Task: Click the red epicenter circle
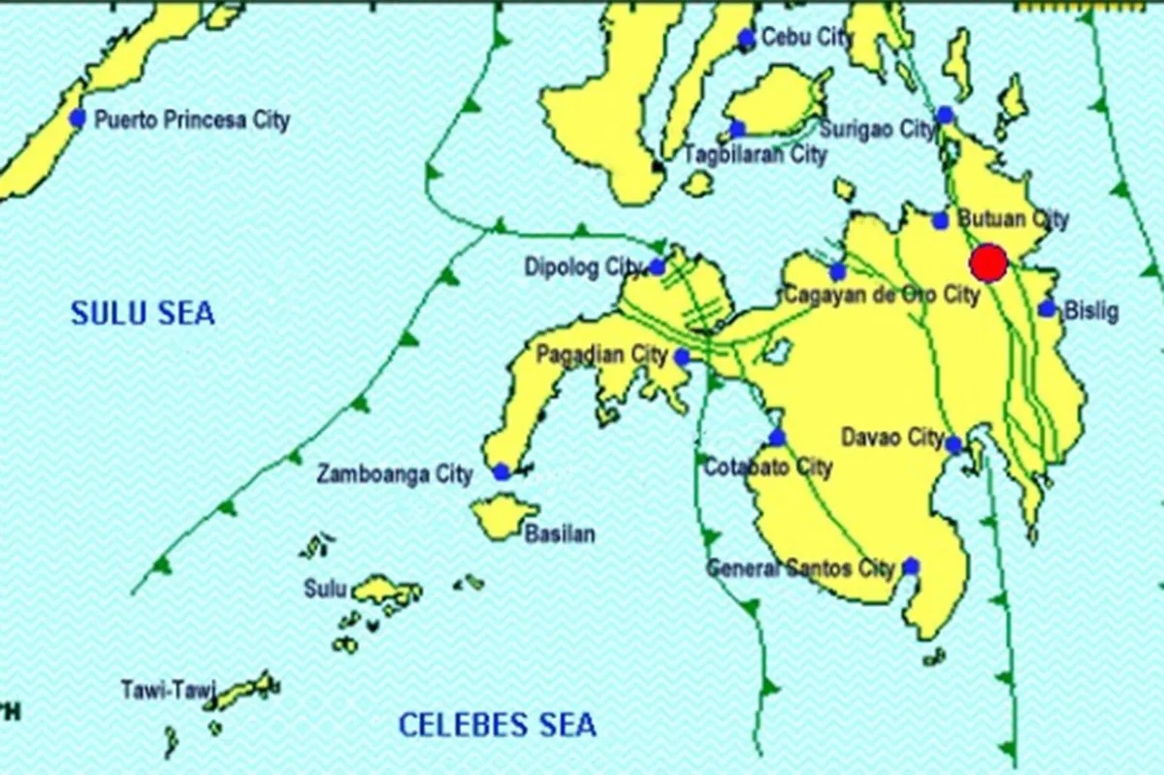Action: (x=988, y=263)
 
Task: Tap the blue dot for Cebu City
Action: (x=746, y=39)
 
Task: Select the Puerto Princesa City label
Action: (x=191, y=121)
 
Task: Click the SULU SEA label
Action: (x=143, y=313)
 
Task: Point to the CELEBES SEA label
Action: (x=498, y=725)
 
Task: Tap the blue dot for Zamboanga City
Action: (x=501, y=472)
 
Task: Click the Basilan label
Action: (x=560, y=534)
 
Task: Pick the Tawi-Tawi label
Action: (x=159, y=691)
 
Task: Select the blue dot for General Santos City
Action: (x=910, y=566)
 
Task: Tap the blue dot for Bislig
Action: (x=1047, y=309)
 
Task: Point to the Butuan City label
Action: (x=1013, y=219)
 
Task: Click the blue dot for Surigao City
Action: (x=945, y=115)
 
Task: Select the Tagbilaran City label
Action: (x=756, y=154)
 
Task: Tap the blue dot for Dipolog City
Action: (x=657, y=267)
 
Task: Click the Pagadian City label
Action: (x=602, y=354)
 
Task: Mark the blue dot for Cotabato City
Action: (x=776, y=437)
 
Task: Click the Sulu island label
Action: (x=325, y=588)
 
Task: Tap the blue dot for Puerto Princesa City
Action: (x=78, y=118)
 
